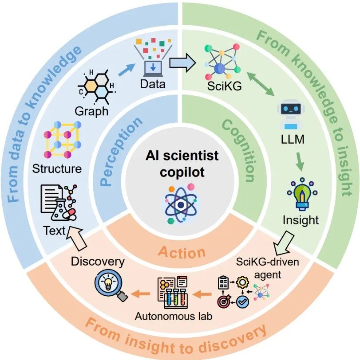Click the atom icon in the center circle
[x=180, y=202]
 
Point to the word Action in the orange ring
[x=182, y=252]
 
